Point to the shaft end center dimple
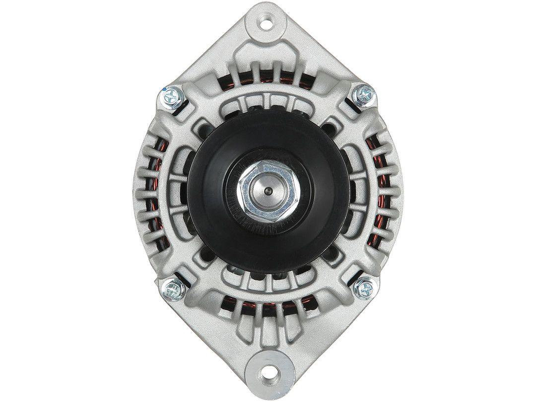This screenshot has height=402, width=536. pyautogui.click(x=268, y=190)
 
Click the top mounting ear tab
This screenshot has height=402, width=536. pyautogui.click(x=268, y=35)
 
